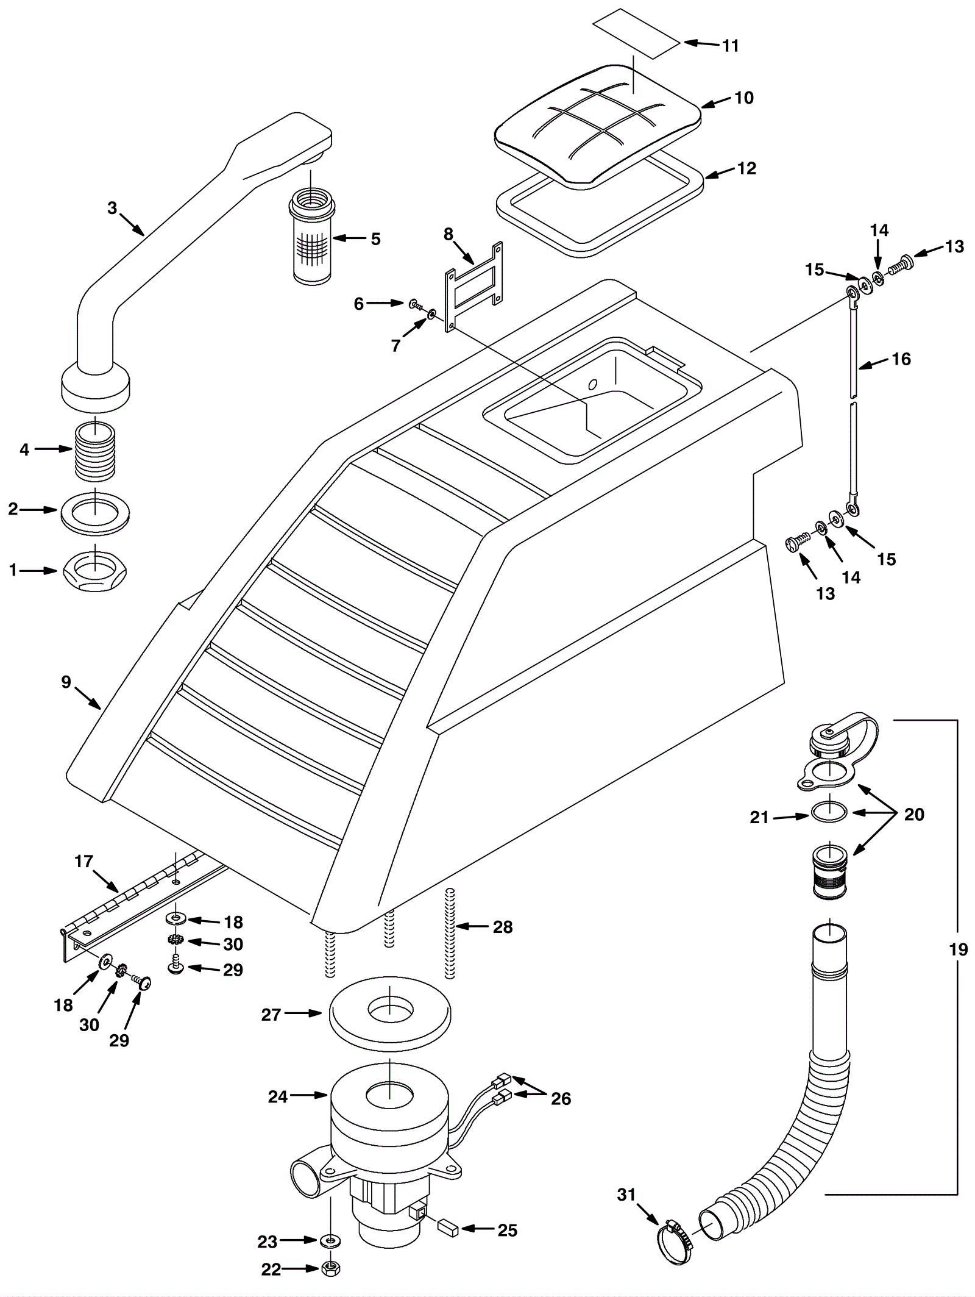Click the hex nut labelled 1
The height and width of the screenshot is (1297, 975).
click(x=95, y=571)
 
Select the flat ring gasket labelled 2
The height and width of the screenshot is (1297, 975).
click(x=96, y=509)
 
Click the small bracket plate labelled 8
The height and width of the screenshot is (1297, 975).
click(x=474, y=287)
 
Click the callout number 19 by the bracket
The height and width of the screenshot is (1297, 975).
click(x=958, y=949)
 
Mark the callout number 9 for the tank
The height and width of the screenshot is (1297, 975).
click(x=66, y=682)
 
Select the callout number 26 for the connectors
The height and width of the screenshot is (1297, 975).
click(x=561, y=1098)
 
